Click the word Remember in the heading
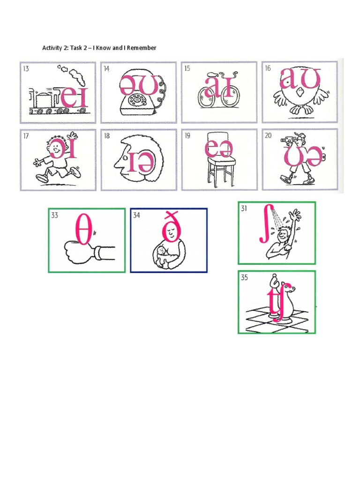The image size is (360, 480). point(141,48)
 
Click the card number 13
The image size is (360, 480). point(26,68)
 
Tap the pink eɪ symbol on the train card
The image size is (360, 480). point(75,97)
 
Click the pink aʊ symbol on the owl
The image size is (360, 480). point(300,79)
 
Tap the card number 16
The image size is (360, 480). point(268,68)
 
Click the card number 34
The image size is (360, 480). point(136,216)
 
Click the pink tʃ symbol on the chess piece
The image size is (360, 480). point(276,305)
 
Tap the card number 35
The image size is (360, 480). point(244,277)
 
